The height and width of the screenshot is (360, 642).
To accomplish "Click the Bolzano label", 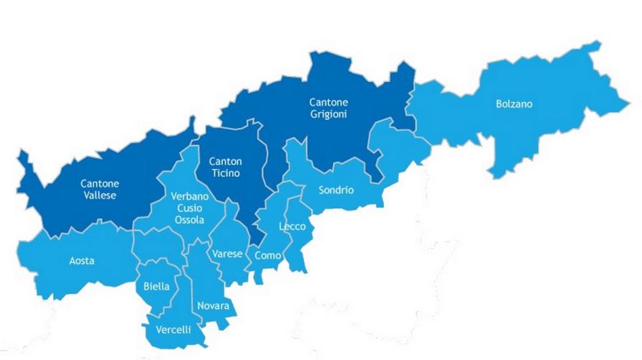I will [514, 104].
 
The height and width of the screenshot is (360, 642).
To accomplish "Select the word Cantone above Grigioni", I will [329, 103].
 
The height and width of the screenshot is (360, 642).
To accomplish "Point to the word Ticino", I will [226, 173].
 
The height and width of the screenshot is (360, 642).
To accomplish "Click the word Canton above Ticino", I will [226, 162].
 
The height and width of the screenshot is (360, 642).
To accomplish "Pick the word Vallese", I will [99, 195].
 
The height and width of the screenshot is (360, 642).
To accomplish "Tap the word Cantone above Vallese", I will [99, 183].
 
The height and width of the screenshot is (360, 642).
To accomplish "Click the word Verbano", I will [190, 197].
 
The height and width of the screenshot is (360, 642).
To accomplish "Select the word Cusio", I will [190, 208].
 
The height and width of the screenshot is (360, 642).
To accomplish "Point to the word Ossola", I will [190, 220].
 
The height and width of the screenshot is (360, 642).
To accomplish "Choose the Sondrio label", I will [336, 190].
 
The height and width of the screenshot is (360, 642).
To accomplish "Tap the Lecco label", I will [293, 227].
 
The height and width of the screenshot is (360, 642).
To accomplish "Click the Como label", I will [267, 255].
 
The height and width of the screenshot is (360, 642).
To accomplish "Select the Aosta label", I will [81, 261].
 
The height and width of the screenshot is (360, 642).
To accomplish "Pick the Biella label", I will [157, 286].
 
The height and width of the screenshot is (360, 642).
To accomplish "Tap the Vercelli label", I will [173, 330].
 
